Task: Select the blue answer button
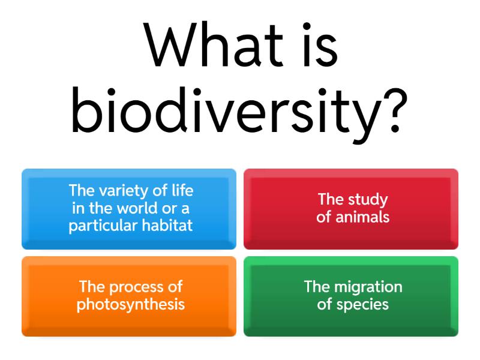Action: coord(129,208)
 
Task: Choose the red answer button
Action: coord(351,208)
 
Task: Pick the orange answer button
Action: coord(129,296)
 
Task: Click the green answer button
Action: coord(351,296)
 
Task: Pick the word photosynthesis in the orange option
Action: coord(130,304)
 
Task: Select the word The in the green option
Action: coord(316,287)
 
